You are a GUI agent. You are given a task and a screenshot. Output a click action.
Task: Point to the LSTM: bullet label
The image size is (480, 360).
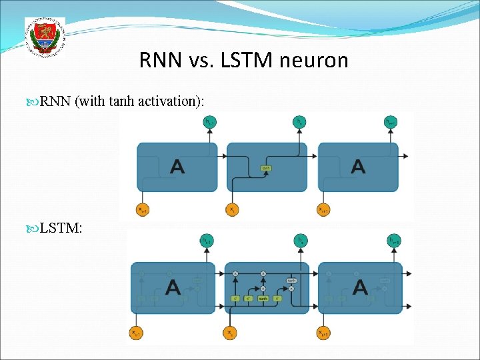point(61,229)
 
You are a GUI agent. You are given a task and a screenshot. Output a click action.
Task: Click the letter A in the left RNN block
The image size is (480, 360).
point(177,166)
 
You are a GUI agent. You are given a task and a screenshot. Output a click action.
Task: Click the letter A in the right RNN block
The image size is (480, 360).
point(358,166)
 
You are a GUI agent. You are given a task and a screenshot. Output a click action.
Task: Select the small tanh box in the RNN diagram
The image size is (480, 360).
point(266,168)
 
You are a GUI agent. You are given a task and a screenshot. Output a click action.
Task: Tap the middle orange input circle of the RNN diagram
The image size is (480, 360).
point(231,209)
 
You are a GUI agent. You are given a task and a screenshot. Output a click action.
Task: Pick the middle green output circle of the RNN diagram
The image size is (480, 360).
point(301,121)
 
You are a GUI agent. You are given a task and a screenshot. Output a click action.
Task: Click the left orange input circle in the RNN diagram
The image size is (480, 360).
point(142,209)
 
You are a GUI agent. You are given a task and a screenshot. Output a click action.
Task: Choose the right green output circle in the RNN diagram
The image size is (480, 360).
point(391,121)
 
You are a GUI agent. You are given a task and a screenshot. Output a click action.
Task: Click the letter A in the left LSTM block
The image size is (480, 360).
point(173,287)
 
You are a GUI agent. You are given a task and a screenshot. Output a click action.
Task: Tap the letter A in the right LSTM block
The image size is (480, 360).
point(360,287)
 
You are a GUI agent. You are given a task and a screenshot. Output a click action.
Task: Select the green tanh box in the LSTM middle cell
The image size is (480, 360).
point(263,298)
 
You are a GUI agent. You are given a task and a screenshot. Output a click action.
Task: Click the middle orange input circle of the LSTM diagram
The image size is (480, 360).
point(230,332)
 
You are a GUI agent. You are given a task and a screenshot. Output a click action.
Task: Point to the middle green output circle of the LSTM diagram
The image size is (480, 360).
point(301,240)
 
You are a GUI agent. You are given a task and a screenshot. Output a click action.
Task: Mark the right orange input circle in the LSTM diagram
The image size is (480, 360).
point(323,332)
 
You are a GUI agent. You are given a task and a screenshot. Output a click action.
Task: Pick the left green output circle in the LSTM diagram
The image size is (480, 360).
point(208,240)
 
